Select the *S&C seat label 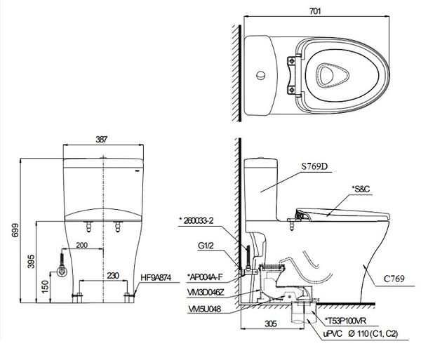(x=362, y=190)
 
